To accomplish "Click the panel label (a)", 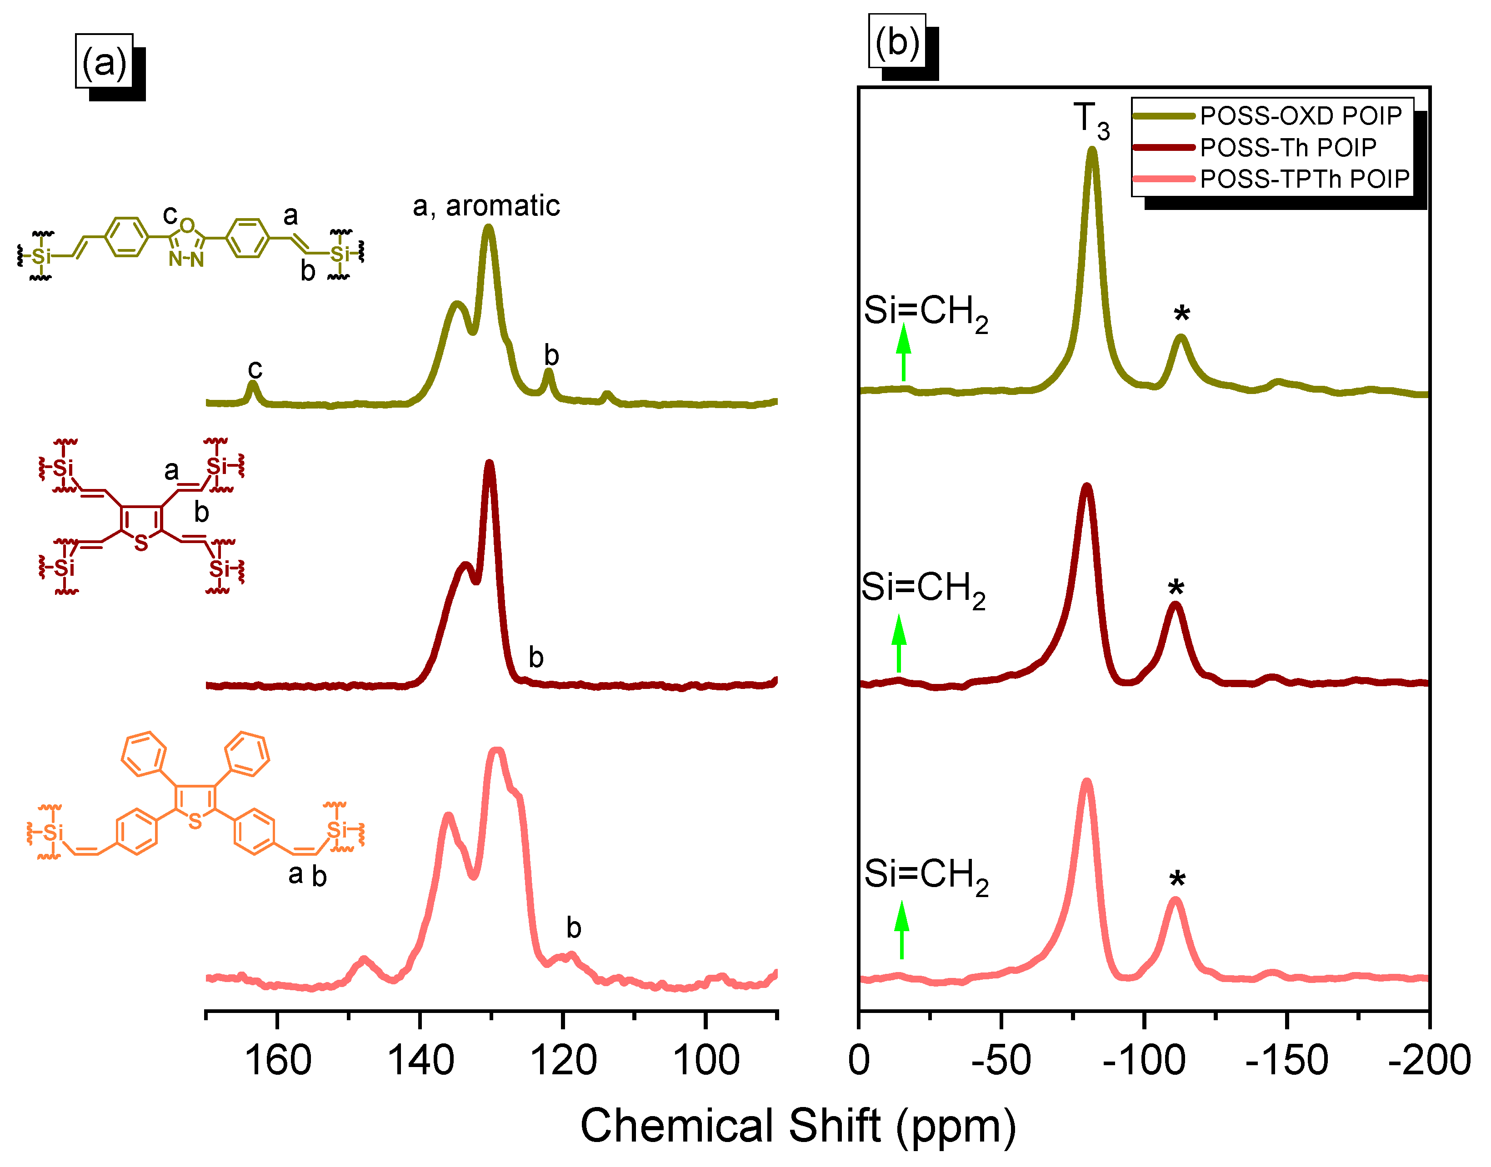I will [x=104, y=62].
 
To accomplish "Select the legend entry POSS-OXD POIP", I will [x=1301, y=116].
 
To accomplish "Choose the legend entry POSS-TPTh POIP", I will [x=1305, y=179].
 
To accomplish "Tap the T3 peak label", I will [x=1091, y=120].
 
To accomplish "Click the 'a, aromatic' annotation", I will [x=486, y=206].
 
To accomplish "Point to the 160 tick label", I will [x=277, y=1061].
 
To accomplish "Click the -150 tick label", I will [x=1286, y=1061].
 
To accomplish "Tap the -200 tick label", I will [x=1429, y=1061].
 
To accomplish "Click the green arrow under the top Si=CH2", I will [x=903, y=352].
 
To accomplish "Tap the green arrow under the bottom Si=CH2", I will [x=901, y=929].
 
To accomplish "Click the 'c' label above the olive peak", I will [x=255, y=369].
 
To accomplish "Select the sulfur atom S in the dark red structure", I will [x=141, y=543].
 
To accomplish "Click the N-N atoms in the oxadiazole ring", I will [x=186, y=259].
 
